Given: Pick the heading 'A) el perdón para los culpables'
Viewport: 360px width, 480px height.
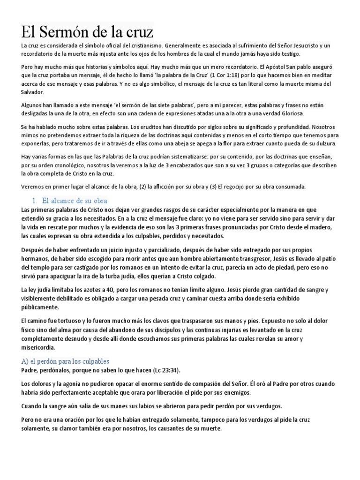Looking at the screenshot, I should click(65, 361).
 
